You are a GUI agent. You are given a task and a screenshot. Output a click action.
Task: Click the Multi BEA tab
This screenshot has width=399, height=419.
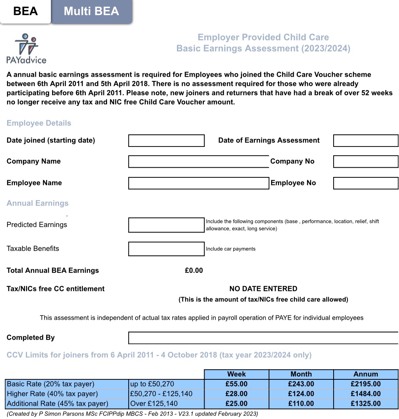[91, 11]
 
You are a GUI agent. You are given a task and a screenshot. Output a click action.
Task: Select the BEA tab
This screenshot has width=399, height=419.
[25, 11]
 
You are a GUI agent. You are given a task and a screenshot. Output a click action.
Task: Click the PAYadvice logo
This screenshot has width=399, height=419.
[26, 48]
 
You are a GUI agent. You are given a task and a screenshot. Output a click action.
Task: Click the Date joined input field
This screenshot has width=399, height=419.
[166, 141]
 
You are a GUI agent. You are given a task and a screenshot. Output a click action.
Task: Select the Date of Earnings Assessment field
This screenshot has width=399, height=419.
[366, 141]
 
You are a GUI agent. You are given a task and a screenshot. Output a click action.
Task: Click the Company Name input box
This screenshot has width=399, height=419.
[198, 162]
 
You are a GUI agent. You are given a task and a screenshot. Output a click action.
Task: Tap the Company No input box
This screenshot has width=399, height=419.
[366, 162]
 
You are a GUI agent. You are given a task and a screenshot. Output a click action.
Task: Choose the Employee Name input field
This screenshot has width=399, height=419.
[198, 183]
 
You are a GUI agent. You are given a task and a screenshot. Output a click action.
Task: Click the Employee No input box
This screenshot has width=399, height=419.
[366, 183]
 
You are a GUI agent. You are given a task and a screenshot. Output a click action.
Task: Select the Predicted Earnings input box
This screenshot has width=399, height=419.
[166, 225]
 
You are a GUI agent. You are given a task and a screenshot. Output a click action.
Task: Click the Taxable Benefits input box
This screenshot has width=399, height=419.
[166, 249]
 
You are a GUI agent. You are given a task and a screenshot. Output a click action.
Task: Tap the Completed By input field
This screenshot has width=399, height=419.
[263, 338]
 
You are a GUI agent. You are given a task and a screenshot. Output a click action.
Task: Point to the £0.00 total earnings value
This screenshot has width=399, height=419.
[194, 270]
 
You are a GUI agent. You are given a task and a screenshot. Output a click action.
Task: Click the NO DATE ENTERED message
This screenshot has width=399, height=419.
[263, 289]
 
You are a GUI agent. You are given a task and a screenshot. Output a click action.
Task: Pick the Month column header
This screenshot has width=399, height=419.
[301, 374]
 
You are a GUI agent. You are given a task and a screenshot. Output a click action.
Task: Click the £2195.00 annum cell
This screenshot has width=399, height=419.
[366, 384]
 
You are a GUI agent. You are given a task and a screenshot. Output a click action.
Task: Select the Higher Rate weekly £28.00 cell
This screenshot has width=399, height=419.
[236, 394]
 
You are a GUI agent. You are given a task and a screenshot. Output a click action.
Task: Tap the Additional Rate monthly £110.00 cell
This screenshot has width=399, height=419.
[301, 404]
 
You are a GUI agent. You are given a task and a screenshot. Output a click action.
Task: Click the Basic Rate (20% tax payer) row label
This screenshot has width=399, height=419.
[51, 384]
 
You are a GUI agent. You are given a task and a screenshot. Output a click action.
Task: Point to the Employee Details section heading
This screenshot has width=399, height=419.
[39, 123]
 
